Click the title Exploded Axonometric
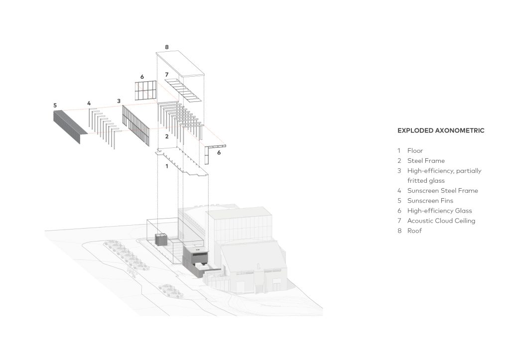441,131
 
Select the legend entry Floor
415,150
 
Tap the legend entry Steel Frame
426,161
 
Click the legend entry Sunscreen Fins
430,201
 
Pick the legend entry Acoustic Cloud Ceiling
441,221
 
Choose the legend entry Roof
414,231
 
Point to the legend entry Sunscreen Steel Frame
442,191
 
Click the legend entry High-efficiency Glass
439,211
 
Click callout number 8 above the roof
167,47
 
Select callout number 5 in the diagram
55,106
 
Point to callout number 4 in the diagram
89,104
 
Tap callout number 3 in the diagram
119,101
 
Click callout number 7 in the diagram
167,75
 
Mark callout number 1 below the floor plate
167,166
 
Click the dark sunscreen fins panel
70,126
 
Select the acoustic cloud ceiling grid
182,90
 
